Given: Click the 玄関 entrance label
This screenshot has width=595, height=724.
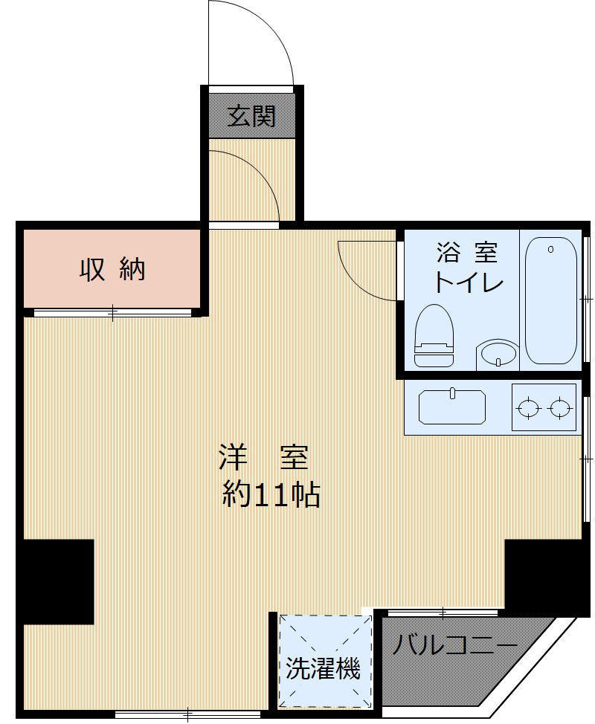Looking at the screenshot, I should [251, 117].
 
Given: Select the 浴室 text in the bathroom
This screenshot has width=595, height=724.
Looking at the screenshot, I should [466, 254].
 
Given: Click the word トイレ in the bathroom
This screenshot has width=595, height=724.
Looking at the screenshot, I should [467, 283].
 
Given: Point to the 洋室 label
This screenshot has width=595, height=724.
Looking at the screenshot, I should [263, 457].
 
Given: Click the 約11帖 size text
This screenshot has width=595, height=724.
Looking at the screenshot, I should [271, 494].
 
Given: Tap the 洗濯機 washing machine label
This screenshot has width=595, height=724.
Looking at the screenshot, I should [324, 670].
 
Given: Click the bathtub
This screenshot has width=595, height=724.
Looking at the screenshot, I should [551, 301].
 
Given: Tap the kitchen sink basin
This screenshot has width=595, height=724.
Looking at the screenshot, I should [451, 407].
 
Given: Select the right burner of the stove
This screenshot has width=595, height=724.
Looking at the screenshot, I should [560, 407].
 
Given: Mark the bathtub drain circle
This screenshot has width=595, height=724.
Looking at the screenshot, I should [551, 250].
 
